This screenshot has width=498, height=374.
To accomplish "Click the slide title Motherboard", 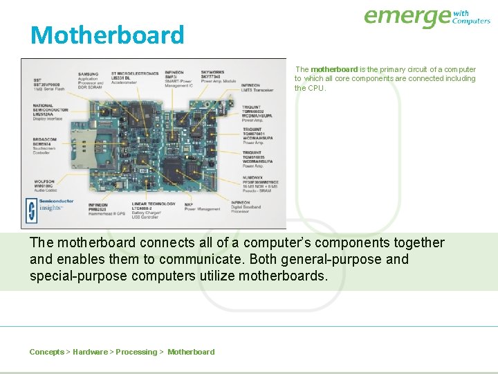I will click(107, 35).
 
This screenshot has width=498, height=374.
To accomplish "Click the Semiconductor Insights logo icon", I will click(31, 208).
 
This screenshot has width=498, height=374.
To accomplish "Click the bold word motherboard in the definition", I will click(334, 69).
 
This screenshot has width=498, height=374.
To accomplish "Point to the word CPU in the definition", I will click(315, 88).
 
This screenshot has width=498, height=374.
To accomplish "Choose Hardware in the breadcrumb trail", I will click(90, 352).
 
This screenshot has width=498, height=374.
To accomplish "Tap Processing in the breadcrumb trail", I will click(136, 352).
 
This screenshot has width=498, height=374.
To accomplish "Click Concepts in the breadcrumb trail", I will click(46, 352).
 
